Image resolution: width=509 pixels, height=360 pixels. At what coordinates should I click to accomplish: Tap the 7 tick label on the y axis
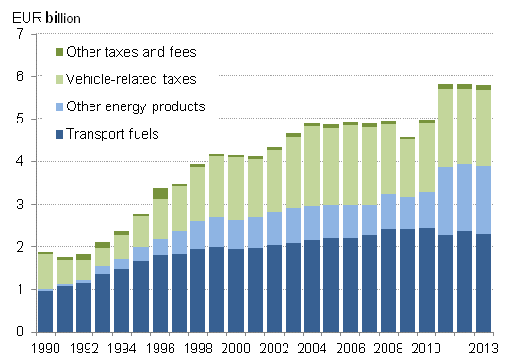[x=18, y=34]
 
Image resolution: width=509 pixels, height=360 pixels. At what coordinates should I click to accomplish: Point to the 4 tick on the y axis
[x=18, y=162]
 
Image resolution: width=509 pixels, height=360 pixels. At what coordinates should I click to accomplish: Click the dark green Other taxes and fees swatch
[x=60, y=51]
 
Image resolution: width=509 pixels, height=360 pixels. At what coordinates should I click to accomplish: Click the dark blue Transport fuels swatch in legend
[x=60, y=133]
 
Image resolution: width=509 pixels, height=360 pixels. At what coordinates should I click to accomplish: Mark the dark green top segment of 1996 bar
[x=159, y=193]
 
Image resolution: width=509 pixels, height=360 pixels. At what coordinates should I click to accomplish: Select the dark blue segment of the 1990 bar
[x=44, y=311]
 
